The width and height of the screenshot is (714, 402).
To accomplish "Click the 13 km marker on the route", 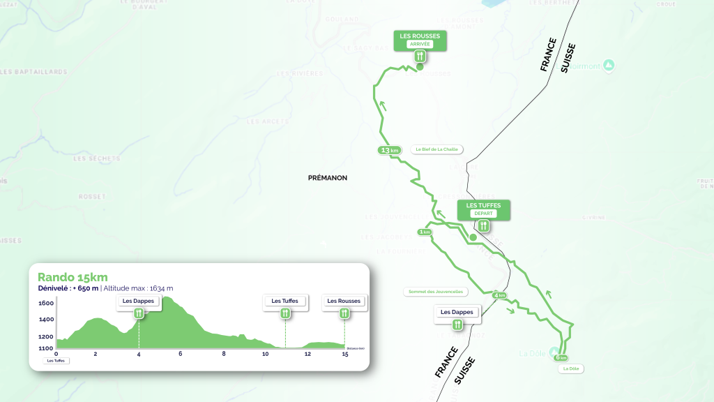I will coord(389,150).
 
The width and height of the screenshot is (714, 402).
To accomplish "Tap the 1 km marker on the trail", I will coord(424,232).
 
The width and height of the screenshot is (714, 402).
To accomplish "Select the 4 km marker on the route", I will coord(499,295).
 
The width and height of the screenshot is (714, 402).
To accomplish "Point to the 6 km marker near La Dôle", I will coord(561,357).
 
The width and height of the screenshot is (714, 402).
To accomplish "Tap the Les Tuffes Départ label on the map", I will coord(483,209).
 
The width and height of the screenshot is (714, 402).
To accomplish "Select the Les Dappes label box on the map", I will coord(457,312).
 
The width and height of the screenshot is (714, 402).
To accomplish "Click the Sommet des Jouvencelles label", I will coord(435,292).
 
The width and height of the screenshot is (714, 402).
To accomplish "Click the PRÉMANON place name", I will coord(327,178).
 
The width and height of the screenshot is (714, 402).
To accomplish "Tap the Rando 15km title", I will coord(73,277).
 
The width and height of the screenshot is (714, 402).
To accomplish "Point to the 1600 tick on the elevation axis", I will coord(46,304).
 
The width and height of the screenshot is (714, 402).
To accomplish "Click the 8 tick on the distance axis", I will coord(224,354).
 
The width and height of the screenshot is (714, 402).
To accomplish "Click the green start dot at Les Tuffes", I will coord(473,238).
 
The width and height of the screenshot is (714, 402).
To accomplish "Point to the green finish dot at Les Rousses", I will coord(420,68).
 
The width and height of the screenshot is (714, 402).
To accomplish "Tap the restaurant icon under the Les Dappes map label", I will coord(457,325).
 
